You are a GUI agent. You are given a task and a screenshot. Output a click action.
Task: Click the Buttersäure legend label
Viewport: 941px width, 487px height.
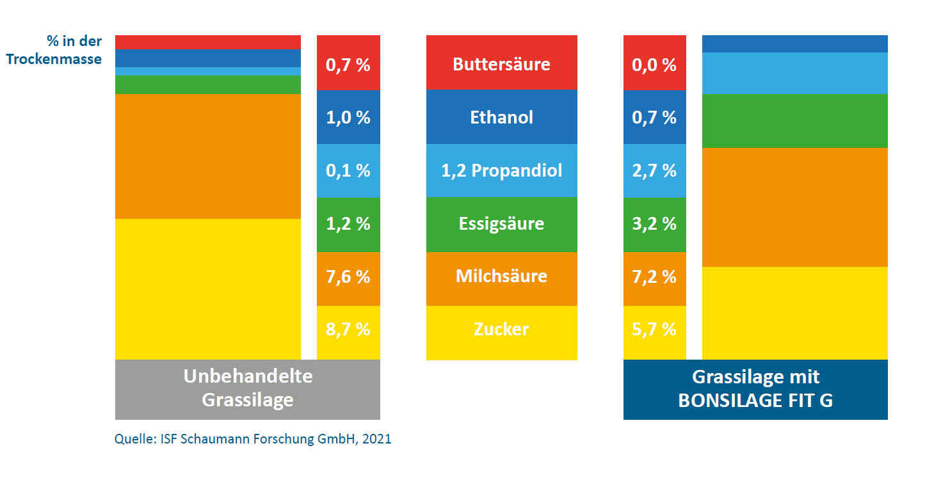coord(501,64)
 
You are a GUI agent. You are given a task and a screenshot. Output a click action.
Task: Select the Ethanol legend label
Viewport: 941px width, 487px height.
coord(501,117)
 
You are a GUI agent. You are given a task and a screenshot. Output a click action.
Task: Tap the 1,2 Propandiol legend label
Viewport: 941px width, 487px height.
coord(501,171)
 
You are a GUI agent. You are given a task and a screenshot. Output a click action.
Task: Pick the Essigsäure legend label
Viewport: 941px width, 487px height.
coord(501,224)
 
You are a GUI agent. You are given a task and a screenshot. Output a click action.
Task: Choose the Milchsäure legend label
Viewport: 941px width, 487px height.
coord(501,276)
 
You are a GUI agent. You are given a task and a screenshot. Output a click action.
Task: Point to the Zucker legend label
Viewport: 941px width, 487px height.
coord(501,330)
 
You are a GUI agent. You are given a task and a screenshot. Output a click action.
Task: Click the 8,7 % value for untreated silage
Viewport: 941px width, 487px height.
coord(348,330)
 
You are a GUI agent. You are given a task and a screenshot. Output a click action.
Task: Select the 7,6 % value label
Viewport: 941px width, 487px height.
coord(348,276)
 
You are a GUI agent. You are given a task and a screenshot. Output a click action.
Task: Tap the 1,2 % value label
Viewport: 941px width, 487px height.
coord(348,224)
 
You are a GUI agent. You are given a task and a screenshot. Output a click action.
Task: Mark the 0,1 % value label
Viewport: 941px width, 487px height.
coord(348,171)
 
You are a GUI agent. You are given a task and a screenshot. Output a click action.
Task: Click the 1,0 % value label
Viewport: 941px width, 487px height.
coord(348,118)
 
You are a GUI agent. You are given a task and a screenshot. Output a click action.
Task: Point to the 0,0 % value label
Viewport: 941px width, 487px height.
coord(654,65)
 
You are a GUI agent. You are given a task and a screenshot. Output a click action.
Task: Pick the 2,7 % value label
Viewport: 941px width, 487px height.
coord(654,171)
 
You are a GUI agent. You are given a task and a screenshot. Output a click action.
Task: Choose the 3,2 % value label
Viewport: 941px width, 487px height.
coord(654,224)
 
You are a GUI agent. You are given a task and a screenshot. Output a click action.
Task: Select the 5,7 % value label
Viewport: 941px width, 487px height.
coord(654,330)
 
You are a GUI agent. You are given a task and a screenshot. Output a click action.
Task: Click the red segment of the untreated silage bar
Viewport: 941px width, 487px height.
coord(207,42)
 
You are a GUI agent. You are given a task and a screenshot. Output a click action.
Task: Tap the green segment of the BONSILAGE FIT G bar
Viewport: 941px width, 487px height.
coord(794,121)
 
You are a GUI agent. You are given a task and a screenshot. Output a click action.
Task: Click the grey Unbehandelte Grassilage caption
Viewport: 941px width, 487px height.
coord(248,388)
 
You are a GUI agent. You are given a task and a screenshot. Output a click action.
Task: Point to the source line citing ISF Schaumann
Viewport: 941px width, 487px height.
coord(253,440)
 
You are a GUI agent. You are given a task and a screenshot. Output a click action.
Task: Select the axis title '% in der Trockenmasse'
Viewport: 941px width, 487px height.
coord(54,51)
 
